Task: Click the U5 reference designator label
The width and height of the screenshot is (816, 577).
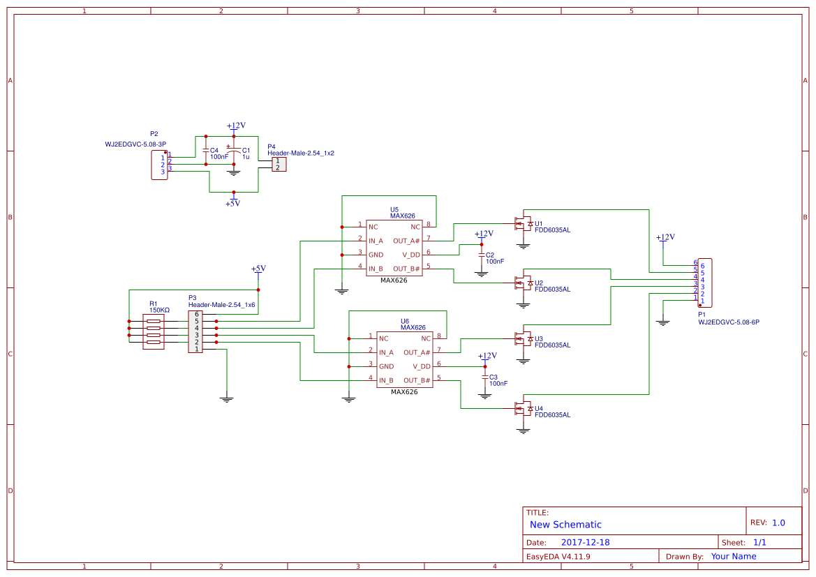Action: click(394, 209)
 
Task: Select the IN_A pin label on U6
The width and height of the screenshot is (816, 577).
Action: click(386, 352)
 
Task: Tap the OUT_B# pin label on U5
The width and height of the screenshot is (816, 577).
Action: click(406, 269)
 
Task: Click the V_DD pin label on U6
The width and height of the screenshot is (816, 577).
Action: click(422, 366)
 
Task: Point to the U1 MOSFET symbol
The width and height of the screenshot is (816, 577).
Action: click(523, 224)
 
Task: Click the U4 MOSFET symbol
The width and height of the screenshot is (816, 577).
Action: click(523, 408)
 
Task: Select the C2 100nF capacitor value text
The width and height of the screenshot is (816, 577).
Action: click(495, 261)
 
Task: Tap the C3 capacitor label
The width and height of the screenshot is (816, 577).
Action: click(494, 377)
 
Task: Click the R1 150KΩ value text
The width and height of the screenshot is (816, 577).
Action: click(159, 310)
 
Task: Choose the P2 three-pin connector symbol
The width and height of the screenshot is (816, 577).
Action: click(159, 165)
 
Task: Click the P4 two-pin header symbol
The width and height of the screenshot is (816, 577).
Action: click(278, 164)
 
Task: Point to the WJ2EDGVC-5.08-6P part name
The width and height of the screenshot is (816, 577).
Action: click(728, 322)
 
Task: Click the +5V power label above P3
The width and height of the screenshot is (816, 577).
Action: click(258, 269)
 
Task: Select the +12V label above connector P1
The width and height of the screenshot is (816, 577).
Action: click(665, 237)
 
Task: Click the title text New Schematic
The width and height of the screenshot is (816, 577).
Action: click(565, 525)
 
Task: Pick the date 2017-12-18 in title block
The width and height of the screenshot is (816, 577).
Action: click(585, 542)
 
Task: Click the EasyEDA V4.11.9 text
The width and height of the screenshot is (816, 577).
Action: click(558, 557)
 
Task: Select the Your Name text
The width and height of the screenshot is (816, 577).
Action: click(733, 557)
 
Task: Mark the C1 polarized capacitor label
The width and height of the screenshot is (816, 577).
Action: click(246, 150)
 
